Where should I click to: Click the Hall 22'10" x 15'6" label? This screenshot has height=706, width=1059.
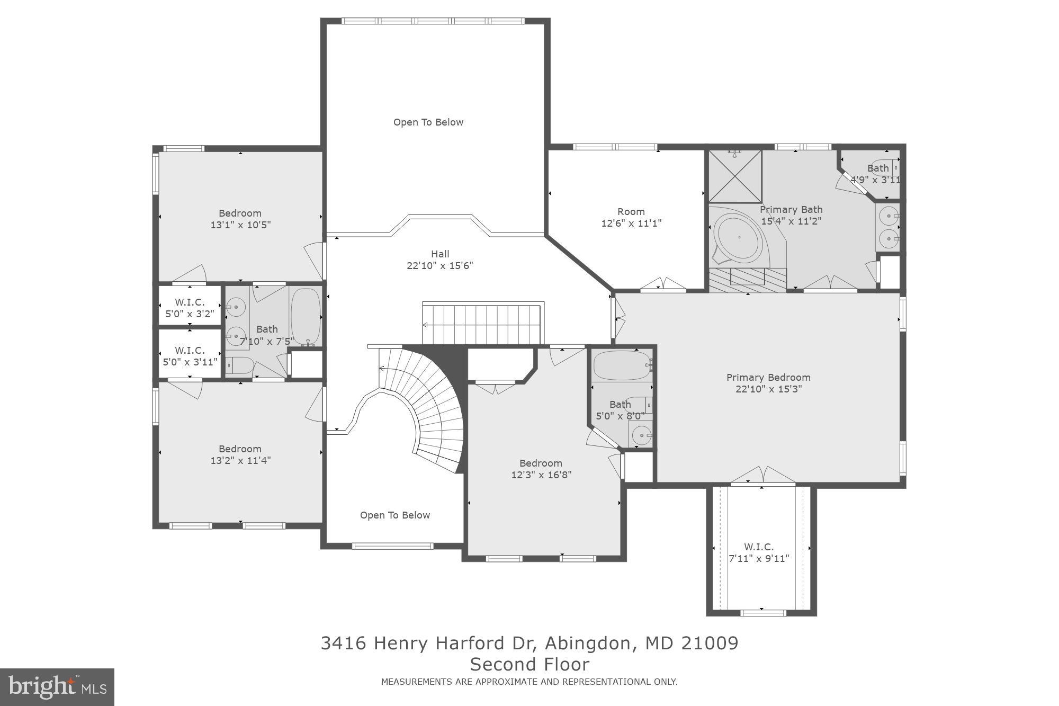click(x=439, y=260)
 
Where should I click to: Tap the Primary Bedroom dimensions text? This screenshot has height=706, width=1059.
click(x=768, y=389)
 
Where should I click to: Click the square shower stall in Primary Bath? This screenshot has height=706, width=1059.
click(x=735, y=176)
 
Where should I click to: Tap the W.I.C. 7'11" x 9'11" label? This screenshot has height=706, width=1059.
click(x=758, y=552)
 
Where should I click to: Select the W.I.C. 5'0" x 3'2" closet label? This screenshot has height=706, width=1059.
click(x=190, y=308)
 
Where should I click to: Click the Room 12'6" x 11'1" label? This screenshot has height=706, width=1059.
click(x=631, y=217)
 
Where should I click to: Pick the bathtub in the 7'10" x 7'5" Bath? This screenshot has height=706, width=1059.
click(x=306, y=316)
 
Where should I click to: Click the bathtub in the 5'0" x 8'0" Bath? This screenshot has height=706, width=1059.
click(x=622, y=365)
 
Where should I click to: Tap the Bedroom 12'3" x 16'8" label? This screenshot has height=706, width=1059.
click(x=541, y=469)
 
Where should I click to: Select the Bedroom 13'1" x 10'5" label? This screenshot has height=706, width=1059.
click(x=240, y=219)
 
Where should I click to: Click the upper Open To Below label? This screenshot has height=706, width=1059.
click(x=428, y=122)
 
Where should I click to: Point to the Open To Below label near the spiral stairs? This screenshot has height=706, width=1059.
click(x=394, y=515)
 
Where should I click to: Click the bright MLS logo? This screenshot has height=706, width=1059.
click(x=57, y=687)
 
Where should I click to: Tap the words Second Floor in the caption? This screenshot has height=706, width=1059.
click(x=529, y=664)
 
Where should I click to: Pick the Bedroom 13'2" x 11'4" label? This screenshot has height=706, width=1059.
click(x=240, y=454)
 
